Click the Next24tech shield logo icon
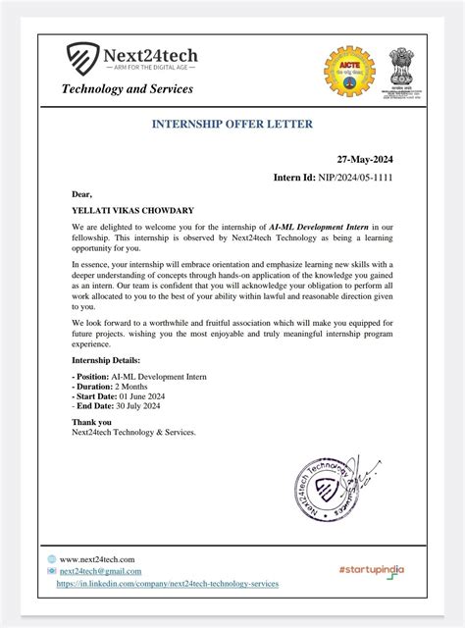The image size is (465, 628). click(x=83, y=59)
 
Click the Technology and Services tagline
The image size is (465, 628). click(x=128, y=89)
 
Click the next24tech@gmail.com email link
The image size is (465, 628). click(x=100, y=571)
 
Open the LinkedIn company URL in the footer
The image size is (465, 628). click(x=167, y=583)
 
